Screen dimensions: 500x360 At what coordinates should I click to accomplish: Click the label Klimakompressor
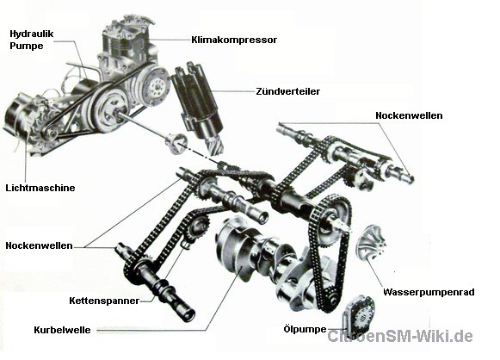pyautogui.click(x=234, y=40)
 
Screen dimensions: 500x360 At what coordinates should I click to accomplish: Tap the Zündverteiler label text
pyautogui.click(x=288, y=91)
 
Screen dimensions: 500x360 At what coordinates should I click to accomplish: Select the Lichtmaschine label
pyautogui.click(x=40, y=188)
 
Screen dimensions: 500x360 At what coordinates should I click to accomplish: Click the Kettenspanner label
pyautogui.click(x=104, y=301)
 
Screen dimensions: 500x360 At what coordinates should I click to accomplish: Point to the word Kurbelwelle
pyautogui.click(x=62, y=330)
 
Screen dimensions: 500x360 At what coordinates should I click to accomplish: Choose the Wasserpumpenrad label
pyautogui.click(x=429, y=292)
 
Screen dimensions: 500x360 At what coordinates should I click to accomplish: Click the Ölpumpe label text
pyautogui.click(x=305, y=329)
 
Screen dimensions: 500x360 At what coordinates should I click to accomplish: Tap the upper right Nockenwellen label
pyautogui.click(x=409, y=115)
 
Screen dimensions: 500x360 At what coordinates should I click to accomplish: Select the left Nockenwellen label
pyautogui.click(x=40, y=245)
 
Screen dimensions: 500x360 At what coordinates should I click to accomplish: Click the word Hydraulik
pyautogui.click(x=32, y=34)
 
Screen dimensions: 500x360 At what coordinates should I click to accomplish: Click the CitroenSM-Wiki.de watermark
pyautogui.click(x=400, y=336)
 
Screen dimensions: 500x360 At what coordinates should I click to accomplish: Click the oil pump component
pyautogui.click(x=359, y=315)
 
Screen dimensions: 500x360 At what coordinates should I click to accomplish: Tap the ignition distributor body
pyautogui.click(x=196, y=102)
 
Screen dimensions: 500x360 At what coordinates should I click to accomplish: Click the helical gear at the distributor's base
pyautogui.click(x=214, y=143)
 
